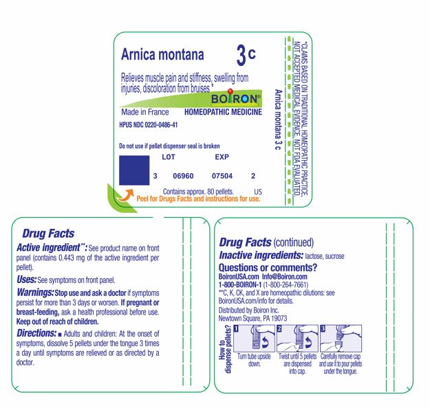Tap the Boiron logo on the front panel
(237, 98)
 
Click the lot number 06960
(182, 177)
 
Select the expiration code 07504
(222, 177)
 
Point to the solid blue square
(135, 170)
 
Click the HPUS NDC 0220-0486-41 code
(149, 125)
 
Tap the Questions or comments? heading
(268, 267)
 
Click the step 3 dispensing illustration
(342, 341)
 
